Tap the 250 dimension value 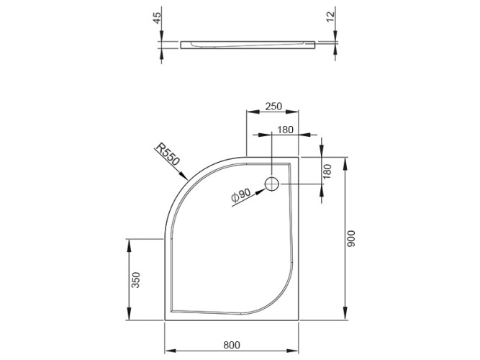[273, 106]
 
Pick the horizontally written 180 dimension [285, 130]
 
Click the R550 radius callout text [167, 156]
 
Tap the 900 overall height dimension [350, 238]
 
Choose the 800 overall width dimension [231, 347]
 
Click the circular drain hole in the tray [272, 184]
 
